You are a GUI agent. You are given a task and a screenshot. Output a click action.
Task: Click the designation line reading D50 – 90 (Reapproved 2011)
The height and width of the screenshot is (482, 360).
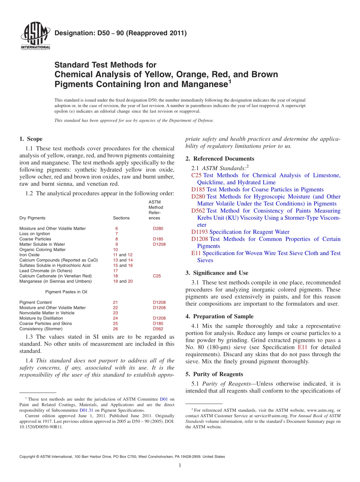pos(121,33)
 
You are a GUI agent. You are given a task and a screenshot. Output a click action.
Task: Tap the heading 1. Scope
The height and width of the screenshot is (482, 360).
pos(31,139)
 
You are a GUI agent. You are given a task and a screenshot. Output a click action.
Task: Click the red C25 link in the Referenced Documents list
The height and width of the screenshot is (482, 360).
pos(196,175)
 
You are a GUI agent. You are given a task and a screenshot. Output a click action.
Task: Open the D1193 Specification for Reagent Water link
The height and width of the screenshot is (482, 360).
pos(240,232)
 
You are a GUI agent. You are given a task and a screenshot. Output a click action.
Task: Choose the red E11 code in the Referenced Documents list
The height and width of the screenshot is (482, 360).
pos(196,253)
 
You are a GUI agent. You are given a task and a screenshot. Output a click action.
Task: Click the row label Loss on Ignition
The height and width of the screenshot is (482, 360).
pos(34,234)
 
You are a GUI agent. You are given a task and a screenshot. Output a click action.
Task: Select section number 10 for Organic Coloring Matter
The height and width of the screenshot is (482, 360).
pos(116,250)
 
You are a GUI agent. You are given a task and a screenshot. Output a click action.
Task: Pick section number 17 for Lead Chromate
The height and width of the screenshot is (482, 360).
pos(116,271)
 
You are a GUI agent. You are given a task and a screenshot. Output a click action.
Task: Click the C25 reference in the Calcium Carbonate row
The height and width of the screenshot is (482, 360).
pos(157,276)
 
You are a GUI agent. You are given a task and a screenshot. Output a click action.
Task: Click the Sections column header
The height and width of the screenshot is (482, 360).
pos(121,218)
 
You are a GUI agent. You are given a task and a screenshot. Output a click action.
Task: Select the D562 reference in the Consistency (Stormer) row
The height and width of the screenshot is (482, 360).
pos(158,329)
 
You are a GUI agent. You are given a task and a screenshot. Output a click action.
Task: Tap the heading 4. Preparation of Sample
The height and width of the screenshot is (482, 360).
pos(219,316)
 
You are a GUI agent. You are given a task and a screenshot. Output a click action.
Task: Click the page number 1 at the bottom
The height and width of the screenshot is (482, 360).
pos(180,465)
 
